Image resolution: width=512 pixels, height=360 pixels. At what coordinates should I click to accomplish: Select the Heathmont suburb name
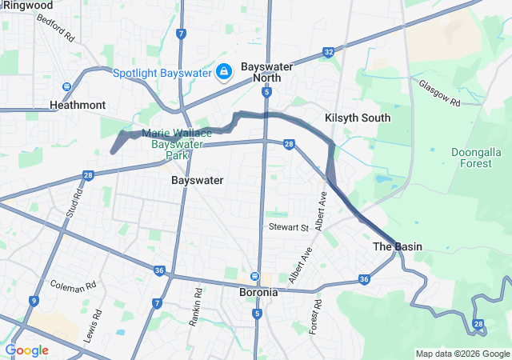pyautogui.click(x=78, y=105)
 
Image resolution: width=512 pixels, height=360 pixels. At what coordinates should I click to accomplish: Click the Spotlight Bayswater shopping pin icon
pyautogui.click(x=225, y=73)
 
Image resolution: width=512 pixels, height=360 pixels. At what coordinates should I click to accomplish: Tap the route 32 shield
pyautogui.click(x=329, y=51)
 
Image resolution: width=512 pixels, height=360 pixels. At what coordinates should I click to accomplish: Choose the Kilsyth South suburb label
pyautogui.click(x=358, y=118)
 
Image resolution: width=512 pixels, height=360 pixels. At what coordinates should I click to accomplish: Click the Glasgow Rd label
pyautogui.click(x=439, y=93)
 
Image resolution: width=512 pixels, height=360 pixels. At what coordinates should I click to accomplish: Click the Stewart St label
pyautogui.click(x=288, y=228)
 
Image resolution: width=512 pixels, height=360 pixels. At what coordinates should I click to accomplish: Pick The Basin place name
pyautogui.click(x=397, y=246)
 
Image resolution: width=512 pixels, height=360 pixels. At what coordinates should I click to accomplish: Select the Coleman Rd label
pyautogui.click(x=72, y=284)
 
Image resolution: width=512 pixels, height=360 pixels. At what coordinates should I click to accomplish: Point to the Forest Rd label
pyautogui.click(x=318, y=317)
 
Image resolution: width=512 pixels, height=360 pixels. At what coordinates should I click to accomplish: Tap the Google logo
pyautogui.click(x=26, y=350)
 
